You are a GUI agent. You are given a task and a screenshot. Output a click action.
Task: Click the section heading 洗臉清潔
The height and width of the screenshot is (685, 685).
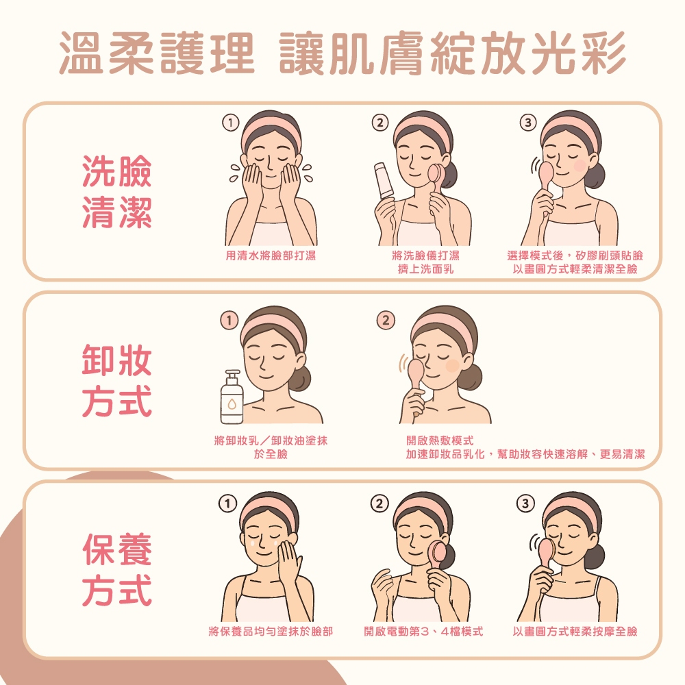(x=116, y=191)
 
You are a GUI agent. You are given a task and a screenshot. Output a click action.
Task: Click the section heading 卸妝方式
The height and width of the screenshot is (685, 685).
(x=116, y=380)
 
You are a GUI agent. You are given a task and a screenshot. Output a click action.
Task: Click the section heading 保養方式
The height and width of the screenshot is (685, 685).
(x=116, y=570)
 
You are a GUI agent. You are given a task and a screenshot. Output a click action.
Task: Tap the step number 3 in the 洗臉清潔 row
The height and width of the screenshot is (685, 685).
(x=526, y=123)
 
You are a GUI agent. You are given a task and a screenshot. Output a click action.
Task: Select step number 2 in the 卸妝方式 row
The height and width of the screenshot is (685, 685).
(x=386, y=321)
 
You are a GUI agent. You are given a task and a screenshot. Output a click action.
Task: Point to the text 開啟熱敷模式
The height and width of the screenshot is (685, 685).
(x=439, y=440)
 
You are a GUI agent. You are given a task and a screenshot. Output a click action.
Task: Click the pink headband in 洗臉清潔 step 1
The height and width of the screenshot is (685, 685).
(x=271, y=125)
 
